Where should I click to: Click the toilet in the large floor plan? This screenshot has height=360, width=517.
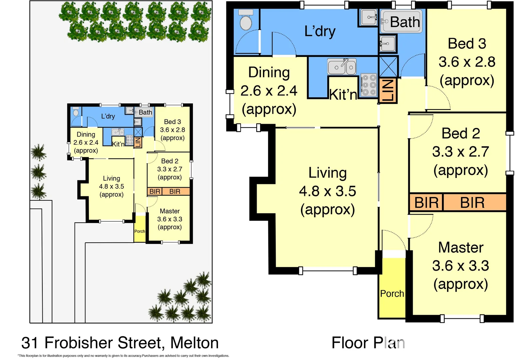[x=246, y=21]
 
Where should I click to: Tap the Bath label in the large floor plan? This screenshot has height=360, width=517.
[x=405, y=22]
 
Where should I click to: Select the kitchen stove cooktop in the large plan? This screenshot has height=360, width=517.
[x=369, y=85]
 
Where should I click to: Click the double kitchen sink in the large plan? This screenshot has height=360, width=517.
[x=342, y=67]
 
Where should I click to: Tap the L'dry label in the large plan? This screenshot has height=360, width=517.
[x=320, y=31]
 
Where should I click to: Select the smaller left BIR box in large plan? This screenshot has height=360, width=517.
[x=426, y=202]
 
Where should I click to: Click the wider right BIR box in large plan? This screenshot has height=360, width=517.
[x=472, y=202]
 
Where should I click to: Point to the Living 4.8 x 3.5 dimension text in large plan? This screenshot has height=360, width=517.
[x=327, y=191]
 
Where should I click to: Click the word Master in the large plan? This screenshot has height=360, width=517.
[x=461, y=248]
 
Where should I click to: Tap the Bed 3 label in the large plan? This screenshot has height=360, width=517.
[x=467, y=44]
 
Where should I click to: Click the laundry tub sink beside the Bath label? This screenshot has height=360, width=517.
[x=369, y=17]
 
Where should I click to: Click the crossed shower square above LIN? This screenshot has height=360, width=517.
[x=388, y=66]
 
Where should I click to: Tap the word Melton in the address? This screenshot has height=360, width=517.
[x=194, y=343]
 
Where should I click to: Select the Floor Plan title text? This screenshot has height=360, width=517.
[x=368, y=343]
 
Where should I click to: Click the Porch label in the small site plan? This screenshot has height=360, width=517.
[x=140, y=231]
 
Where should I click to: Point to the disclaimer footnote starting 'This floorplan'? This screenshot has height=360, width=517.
[x=123, y=356]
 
